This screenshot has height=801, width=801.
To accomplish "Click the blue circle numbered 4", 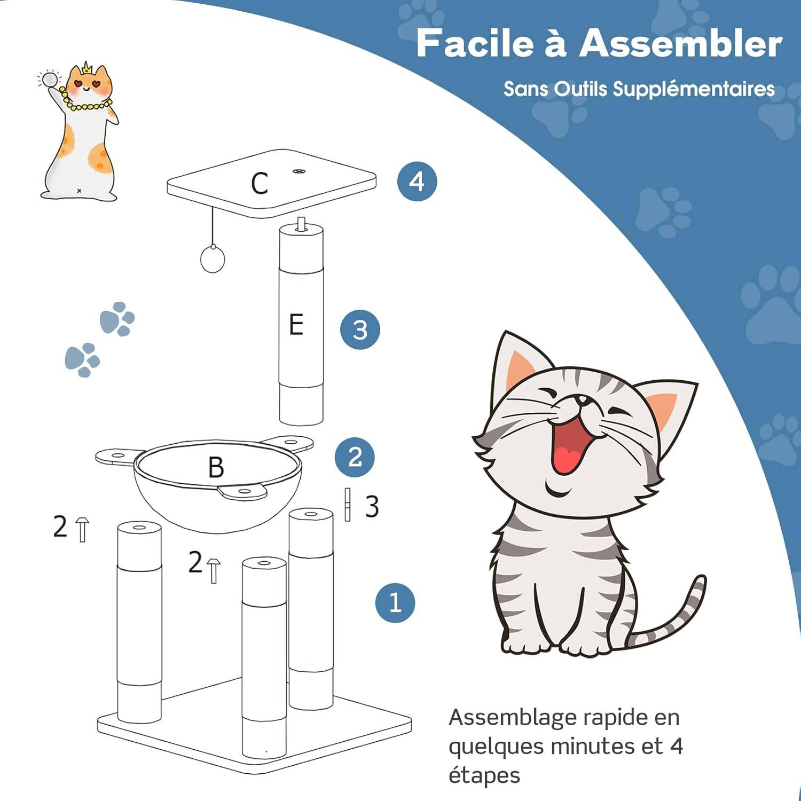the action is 417,182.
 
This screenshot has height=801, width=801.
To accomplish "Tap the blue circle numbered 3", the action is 360,329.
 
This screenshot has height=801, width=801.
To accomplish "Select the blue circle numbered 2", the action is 355,457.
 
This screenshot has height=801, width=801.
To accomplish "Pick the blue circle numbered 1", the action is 395,602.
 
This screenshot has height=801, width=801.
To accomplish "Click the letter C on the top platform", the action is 260,184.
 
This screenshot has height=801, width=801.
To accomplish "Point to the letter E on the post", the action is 296,325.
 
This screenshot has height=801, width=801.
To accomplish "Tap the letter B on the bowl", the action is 216,467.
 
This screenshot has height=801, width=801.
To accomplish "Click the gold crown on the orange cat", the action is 87,68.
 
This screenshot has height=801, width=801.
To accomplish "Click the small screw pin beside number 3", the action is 348,505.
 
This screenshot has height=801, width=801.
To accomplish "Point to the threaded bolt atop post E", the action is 302,224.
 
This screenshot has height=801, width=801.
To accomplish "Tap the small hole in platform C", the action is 298,171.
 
